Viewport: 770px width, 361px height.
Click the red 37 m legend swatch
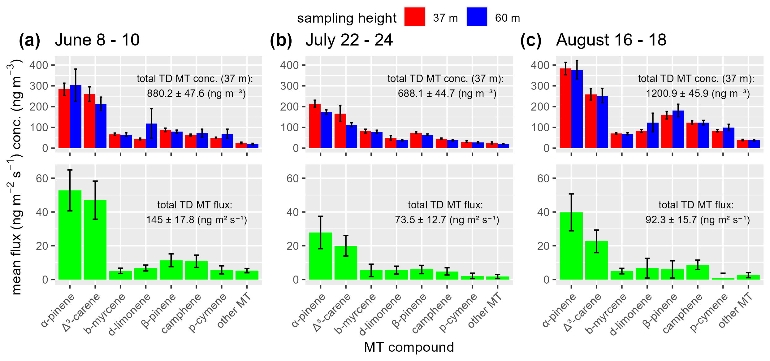pyautogui.click(x=414, y=17)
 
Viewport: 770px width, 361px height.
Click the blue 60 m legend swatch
pyautogui.click(x=477, y=17)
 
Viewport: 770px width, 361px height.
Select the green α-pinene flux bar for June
pyautogui.click(x=70, y=235)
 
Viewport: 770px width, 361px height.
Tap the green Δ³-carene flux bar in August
pyautogui.click(x=596, y=260)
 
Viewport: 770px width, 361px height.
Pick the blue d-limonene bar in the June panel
pyautogui.click(x=152, y=136)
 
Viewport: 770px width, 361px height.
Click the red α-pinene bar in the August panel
pyautogui.click(x=565, y=108)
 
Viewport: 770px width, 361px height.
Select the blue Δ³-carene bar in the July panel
pyautogui.click(x=352, y=137)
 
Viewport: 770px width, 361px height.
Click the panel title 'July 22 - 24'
pyautogui.click(x=349, y=40)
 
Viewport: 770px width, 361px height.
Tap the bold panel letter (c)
pyautogui.click(x=530, y=41)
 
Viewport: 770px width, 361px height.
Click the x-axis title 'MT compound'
pyautogui.click(x=409, y=347)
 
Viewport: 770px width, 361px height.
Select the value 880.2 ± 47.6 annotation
pyautogui.click(x=196, y=94)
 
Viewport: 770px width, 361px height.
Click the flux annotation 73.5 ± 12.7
pyautogui.click(x=447, y=220)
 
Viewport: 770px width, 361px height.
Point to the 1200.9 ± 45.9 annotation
pyautogui.click(x=698, y=94)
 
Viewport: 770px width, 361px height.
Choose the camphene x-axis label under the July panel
pyautogui.click(x=432, y=313)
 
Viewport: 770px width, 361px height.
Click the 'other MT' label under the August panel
pyautogui.click(x=735, y=310)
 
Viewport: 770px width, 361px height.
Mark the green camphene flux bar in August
pyautogui.click(x=698, y=272)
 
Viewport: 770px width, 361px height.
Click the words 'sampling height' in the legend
pyautogui.click(x=347, y=18)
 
